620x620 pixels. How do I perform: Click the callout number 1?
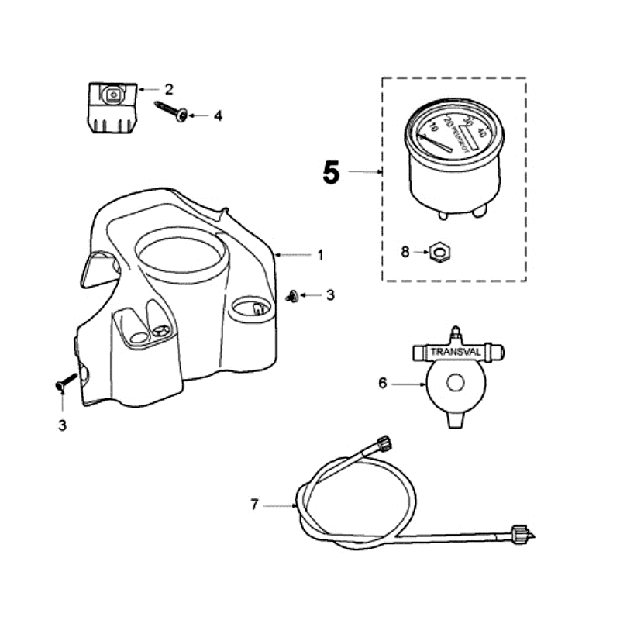tap(319, 254)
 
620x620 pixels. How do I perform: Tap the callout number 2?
tap(169, 90)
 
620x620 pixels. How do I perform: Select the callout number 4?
tap(218, 115)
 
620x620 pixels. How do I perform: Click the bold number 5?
tap(331, 173)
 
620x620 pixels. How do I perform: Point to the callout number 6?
tap(381, 383)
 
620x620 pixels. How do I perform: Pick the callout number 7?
tap(254, 505)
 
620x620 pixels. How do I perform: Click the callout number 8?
tap(405, 251)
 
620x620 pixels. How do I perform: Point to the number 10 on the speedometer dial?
tap(433, 126)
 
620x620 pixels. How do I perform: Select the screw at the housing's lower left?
tap(65, 381)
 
